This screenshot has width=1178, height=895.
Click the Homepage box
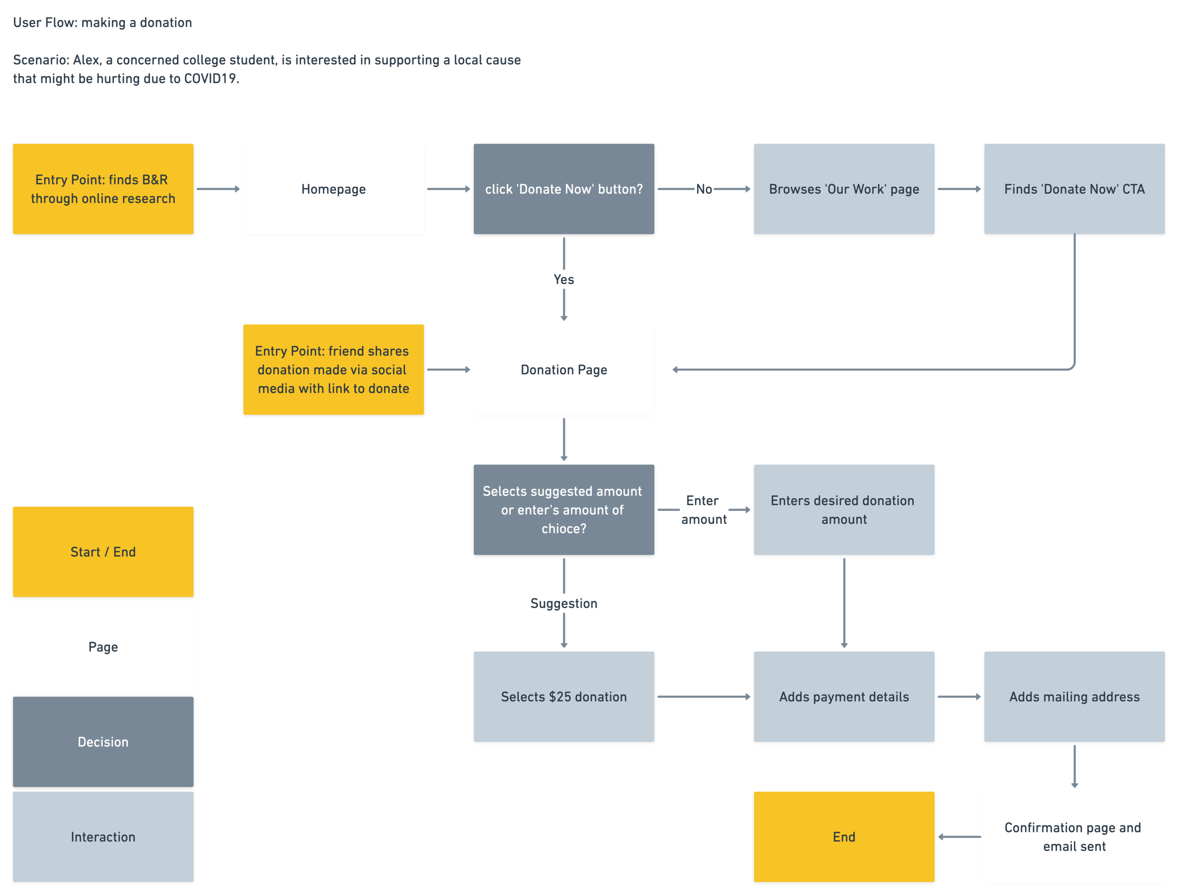point(334,189)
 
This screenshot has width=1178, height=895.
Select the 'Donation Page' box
point(564,369)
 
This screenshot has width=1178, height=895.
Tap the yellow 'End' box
point(843,837)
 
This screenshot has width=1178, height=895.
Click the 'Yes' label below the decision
point(564,279)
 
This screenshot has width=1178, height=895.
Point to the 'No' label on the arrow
point(704,189)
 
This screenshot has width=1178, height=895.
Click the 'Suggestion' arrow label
point(564,603)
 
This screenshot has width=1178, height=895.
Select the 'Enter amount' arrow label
point(703,510)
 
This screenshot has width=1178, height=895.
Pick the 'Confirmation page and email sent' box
point(1074,837)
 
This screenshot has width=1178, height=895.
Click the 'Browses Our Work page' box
point(843,189)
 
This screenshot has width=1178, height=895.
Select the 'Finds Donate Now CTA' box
point(1074,189)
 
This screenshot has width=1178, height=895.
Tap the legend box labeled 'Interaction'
point(103,837)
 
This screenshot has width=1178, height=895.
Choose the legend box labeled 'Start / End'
point(103,551)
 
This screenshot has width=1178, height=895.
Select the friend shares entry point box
point(334,369)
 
